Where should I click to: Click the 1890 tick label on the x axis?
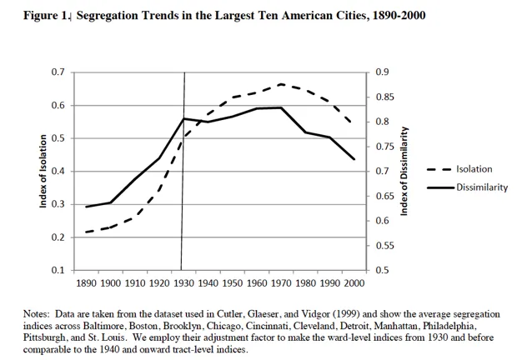[x=87, y=284]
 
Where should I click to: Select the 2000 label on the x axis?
[x=354, y=284]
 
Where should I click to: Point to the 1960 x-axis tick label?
[x=256, y=284]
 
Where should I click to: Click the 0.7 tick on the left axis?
[x=57, y=72]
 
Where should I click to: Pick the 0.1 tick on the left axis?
[x=57, y=271]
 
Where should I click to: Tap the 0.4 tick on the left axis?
[x=57, y=172]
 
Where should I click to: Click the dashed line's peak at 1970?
[x=281, y=84]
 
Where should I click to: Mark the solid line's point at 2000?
[x=354, y=158]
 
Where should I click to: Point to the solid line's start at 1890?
[x=87, y=207]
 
